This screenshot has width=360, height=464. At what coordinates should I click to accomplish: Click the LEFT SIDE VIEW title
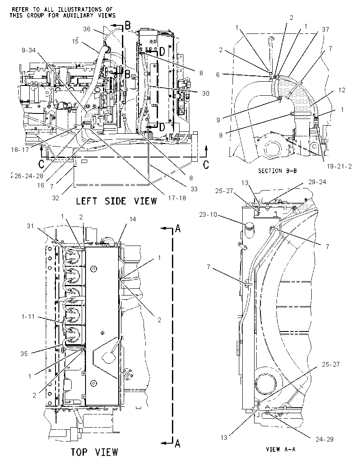point(116,201)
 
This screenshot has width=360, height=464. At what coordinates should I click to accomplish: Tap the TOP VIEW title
point(94,452)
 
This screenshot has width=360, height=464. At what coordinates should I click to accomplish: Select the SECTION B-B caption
point(277,171)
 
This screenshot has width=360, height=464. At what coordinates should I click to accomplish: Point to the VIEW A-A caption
point(281,449)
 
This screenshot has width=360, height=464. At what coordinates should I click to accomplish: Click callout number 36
point(87,29)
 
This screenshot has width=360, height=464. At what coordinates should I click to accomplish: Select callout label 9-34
point(29,51)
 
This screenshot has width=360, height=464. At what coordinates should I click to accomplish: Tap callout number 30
point(205,93)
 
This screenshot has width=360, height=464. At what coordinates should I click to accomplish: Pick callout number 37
point(325,29)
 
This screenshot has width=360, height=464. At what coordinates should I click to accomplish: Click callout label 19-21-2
point(339,166)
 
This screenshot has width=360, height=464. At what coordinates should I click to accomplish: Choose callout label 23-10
point(208,215)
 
